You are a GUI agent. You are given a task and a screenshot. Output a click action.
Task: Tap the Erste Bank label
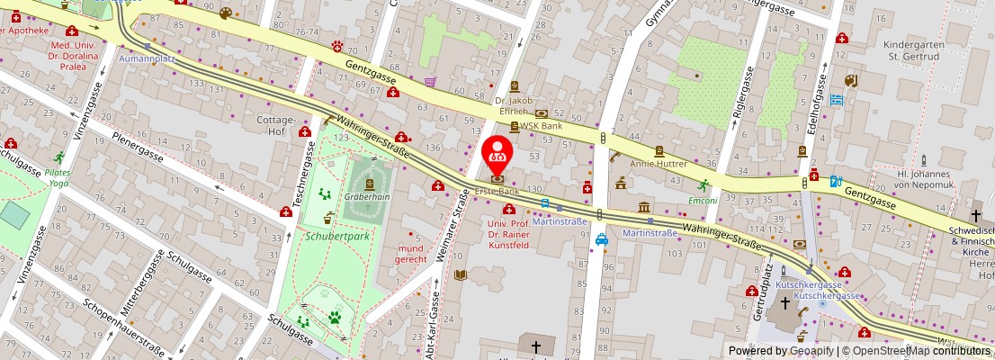click(x=497, y=191)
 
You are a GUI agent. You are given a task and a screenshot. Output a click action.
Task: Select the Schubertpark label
click(x=337, y=236)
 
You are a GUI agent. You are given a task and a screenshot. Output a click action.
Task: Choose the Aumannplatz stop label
click(x=147, y=58)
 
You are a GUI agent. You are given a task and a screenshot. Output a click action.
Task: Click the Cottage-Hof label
click(x=276, y=124)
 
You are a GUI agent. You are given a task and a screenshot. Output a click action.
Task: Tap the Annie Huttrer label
click(x=658, y=164)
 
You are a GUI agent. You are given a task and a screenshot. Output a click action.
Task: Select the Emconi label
click(x=703, y=200)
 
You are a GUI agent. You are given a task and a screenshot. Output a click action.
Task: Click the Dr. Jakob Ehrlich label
click(x=514, y=105)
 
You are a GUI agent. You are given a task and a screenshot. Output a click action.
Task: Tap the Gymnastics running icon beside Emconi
click(x=704, y=186)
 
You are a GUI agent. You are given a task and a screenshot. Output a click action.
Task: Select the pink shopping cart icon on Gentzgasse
click(x=430, y=81)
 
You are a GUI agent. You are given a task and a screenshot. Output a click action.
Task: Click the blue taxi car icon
click(x=601, y=239)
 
